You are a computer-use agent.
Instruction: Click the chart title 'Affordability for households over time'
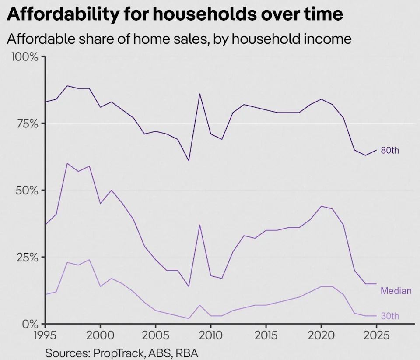[x=175, y=14]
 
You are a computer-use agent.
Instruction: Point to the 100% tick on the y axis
[x=26, y=57]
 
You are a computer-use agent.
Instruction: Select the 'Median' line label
[x=396, y=290]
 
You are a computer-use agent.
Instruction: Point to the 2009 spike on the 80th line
[x=199, y=94]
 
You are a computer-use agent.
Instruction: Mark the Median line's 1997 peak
[x=67, y=163]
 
